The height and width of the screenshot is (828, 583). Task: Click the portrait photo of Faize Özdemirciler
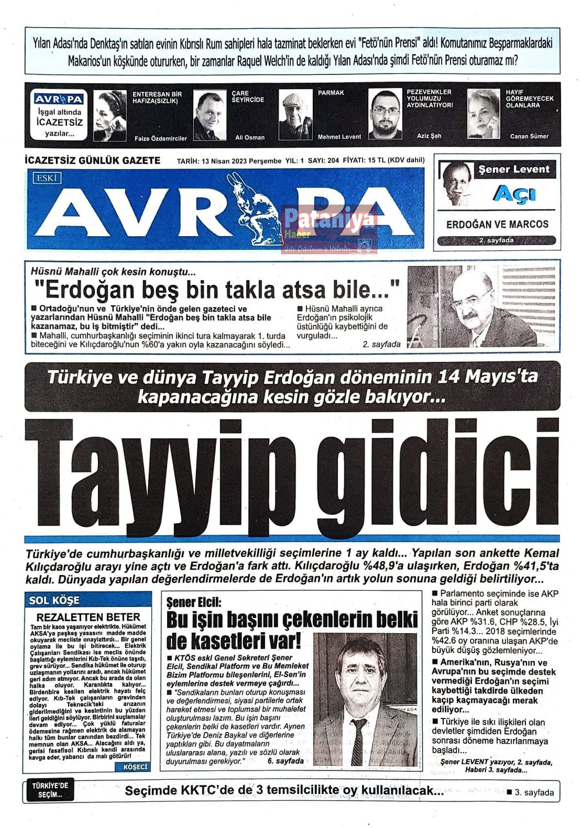110,115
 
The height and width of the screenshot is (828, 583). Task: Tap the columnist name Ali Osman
250,138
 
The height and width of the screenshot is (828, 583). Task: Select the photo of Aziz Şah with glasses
385,114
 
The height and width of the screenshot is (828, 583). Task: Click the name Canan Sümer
529,136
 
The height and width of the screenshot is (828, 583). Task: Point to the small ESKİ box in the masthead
47,178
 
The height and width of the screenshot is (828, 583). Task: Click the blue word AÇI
514,194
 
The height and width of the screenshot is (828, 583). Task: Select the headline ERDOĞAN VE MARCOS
497,225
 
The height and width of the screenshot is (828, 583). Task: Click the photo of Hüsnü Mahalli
480,307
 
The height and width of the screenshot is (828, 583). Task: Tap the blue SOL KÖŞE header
54,600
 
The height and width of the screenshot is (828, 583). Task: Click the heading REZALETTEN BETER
88,617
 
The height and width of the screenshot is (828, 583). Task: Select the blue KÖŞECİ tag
134,767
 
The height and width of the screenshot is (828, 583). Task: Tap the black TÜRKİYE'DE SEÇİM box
50,790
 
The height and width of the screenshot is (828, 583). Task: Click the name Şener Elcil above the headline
193,602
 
